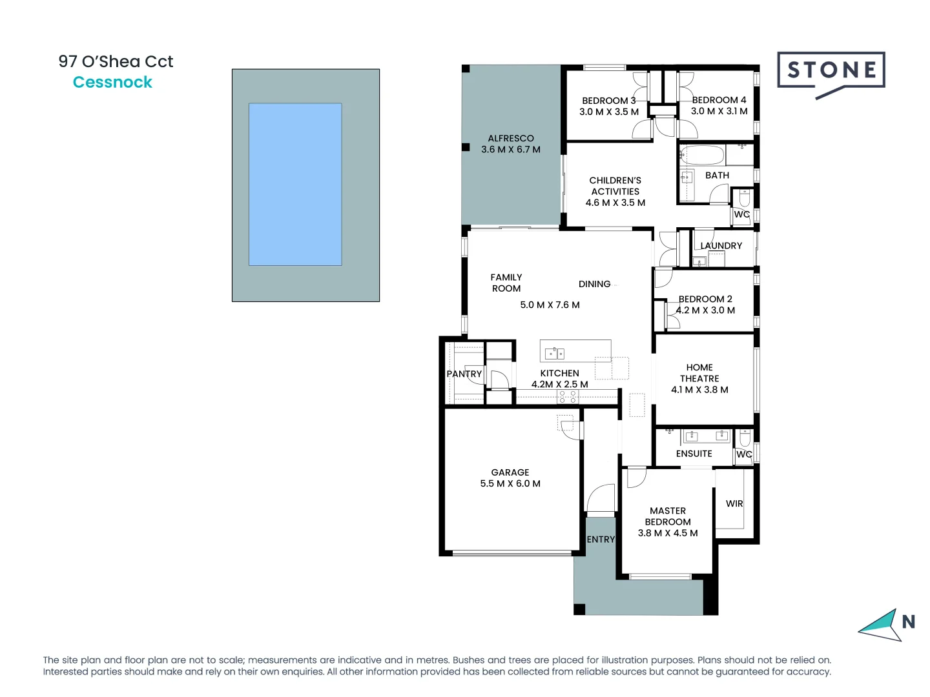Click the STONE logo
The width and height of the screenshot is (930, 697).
click(831, 70)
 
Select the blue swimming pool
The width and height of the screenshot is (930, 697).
click(295, 184)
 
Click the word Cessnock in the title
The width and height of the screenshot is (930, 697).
click(112, 83)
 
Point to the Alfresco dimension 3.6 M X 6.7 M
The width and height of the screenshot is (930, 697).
click(510, 150)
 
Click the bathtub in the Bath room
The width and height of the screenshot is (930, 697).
click(702, 156)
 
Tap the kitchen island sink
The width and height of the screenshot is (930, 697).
click(554, 353)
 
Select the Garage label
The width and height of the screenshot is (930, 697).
click(510, 472)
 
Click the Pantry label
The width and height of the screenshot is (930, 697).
click(464, 374)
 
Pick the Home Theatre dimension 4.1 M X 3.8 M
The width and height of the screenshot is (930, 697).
click(699, 390)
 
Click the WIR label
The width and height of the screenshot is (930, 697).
click(734, 503)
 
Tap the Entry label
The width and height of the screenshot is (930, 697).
click(601, 540)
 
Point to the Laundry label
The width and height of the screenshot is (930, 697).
click(721, 246)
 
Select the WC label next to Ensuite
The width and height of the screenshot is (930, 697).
click(744, 454)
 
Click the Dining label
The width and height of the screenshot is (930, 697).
click(594, 284)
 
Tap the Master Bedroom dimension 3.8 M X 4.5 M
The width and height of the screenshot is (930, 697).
click(668, 533)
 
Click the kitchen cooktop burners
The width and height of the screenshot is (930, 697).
click(567, 396)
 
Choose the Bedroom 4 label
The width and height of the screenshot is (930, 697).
click(719, 100)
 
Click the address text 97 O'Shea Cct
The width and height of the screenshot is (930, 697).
click(116, 62)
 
